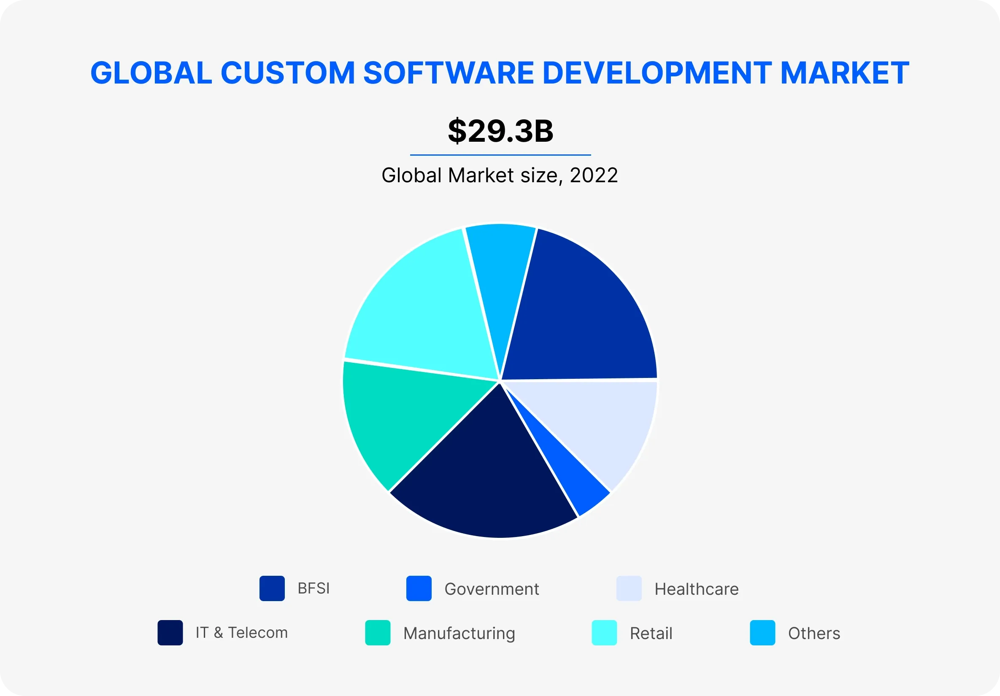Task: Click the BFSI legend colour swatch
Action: (x=272, y=588)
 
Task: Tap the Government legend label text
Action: (x=491, y=589)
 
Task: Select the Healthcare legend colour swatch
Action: (x=629, y=588)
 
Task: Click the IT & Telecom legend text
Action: (x=242, y=633)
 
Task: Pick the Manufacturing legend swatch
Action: (x=378, y=633)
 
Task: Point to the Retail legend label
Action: (x=651, y=633)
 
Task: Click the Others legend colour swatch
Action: (x=762, y=633)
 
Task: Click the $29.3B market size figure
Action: (x=500, y=131)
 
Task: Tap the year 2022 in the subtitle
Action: (x=594, y=175)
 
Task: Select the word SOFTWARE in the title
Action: (x=448, y=73)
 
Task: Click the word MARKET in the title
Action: (x=844, y=73)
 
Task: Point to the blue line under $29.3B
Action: (x=500, y=155)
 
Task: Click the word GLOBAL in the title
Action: (x=151, y=73)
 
